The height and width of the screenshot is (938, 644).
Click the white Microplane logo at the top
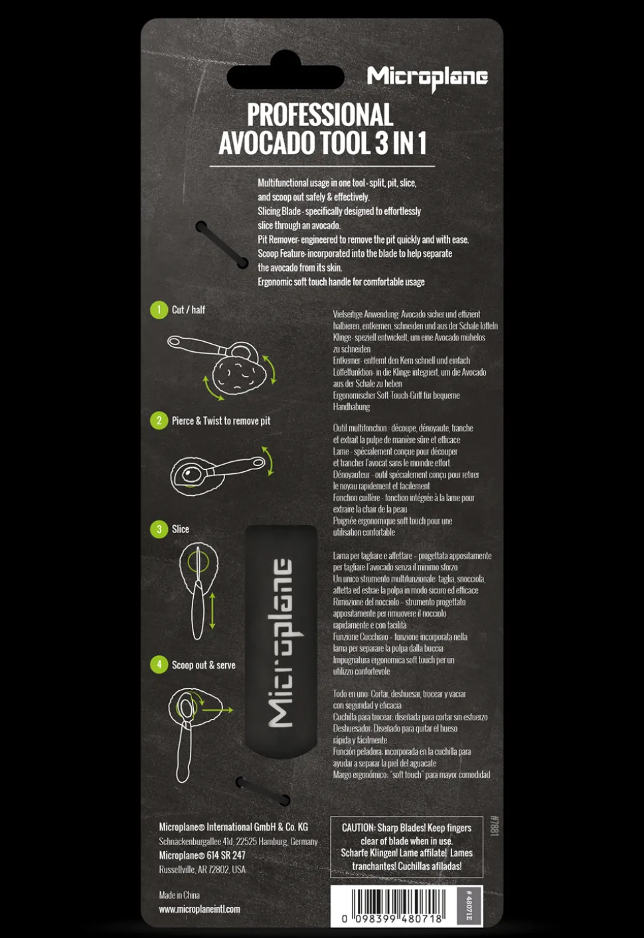tap(427, 78)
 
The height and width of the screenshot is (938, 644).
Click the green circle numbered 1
tap(159, 310)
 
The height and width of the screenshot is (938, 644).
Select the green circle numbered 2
tap(159, 421)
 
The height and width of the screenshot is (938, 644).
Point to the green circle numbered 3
tap(159, 529)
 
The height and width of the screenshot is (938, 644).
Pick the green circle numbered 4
tap(159, 664)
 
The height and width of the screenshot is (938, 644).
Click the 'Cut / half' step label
tap(189, 310)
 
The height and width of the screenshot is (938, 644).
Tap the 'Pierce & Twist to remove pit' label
tap(221, 421)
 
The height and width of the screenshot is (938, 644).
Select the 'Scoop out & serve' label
tap(203, 665)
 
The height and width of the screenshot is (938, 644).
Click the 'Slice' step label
tap(181, 529)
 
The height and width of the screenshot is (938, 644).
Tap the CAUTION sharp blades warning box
tap(406, 846)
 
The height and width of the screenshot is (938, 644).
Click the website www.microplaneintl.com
tap(199, 909)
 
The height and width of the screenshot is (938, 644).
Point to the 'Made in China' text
tap(179, 895)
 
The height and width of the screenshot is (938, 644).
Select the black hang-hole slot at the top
tap(285, 77)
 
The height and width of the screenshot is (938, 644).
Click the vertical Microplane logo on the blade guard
tap(281, 642)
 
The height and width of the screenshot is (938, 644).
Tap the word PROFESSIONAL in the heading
tap(320, 115)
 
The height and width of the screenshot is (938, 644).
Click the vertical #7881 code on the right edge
tap(493, 826)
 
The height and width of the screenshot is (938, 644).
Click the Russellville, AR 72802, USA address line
tap(202, 870)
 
